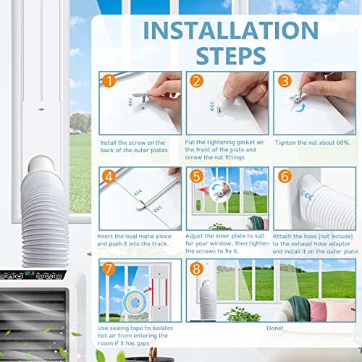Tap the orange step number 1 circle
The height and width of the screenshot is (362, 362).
109,81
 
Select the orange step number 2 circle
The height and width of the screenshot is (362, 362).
195,81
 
